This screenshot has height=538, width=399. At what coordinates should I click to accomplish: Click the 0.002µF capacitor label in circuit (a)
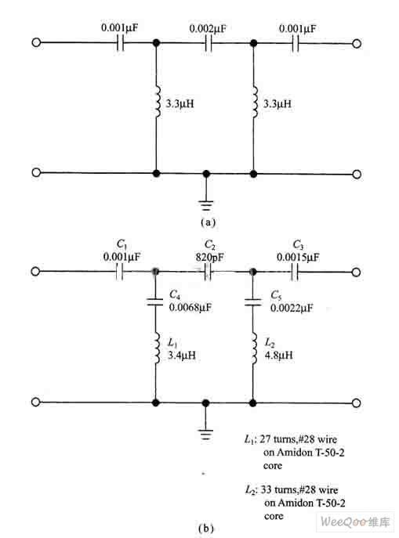click(x=208, y=28)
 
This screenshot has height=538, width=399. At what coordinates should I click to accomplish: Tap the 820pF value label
click(x=210, y=257)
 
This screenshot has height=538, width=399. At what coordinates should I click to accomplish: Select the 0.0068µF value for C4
click(x=190, y=307)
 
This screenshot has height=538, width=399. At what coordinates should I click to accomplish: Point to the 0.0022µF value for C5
click(x=292, y=308)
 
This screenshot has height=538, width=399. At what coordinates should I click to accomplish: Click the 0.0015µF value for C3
click(x=298, y=257)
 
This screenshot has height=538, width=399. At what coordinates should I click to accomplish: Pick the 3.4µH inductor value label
click(x=182, y=355)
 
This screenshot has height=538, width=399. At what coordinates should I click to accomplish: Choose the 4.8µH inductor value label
click(x=279, y=355)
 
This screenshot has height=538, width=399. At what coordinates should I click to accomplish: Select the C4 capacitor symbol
click(x=155, y=302)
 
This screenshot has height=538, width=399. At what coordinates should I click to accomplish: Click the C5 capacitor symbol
click(x=252, y=302)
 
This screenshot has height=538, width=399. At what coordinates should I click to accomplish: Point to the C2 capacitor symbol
click(x=208, y=272)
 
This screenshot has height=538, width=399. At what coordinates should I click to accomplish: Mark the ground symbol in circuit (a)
click(x=206, y=205)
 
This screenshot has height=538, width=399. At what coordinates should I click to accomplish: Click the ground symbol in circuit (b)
click(x=205, y=434)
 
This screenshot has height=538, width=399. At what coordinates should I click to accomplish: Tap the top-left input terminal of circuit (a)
click(x=36, y=42)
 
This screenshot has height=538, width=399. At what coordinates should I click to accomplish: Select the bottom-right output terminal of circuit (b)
click(x=357, y=403)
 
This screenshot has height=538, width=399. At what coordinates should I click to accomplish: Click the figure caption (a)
click(x=208, y=222)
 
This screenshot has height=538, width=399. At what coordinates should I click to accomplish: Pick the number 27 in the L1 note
click(x=265, y=439)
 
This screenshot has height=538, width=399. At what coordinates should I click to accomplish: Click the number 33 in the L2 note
click(x=267, y=489)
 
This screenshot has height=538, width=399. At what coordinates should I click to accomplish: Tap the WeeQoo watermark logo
click(x=355, y=522)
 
